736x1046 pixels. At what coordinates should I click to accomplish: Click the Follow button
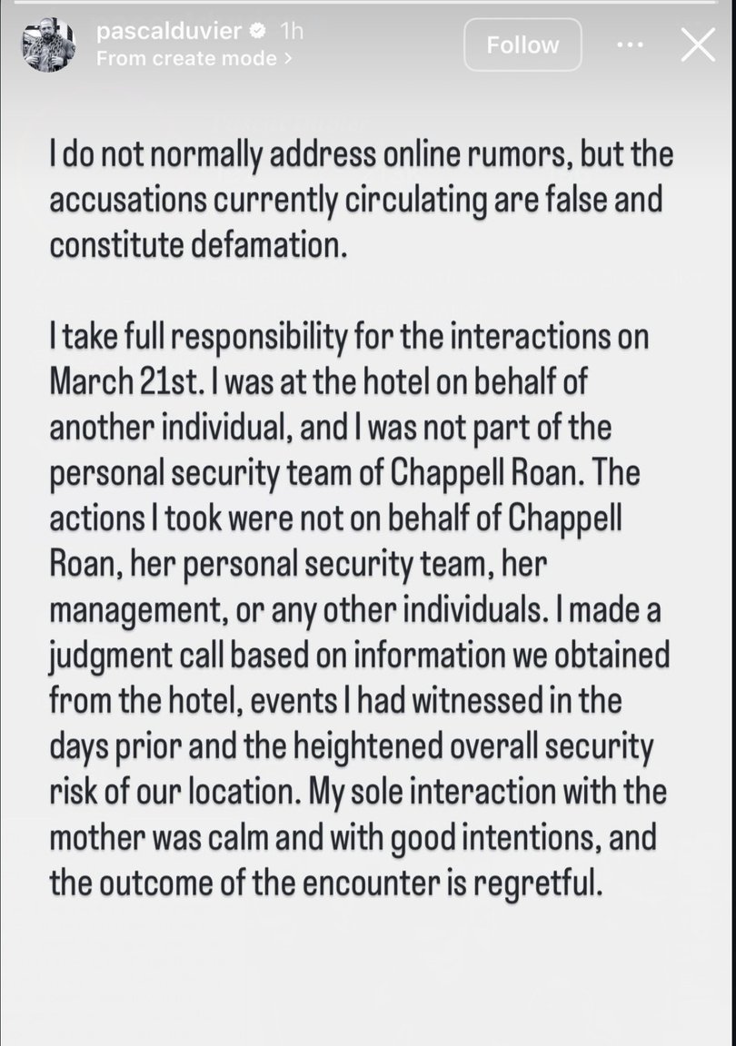coord(522,44)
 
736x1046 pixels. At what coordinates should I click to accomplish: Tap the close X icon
coord(698,44)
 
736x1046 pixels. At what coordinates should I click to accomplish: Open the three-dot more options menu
coord(630,44)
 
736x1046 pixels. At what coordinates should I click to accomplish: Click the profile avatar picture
coord(48,44)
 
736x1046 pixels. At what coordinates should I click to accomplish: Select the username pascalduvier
coord(170,32)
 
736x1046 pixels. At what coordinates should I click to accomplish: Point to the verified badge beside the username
coord(258,32)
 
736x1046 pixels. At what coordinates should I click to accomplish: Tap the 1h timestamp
coord(291,32)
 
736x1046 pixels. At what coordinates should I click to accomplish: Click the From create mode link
coord(194,58)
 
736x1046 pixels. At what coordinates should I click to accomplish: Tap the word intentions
coord(511,839)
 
